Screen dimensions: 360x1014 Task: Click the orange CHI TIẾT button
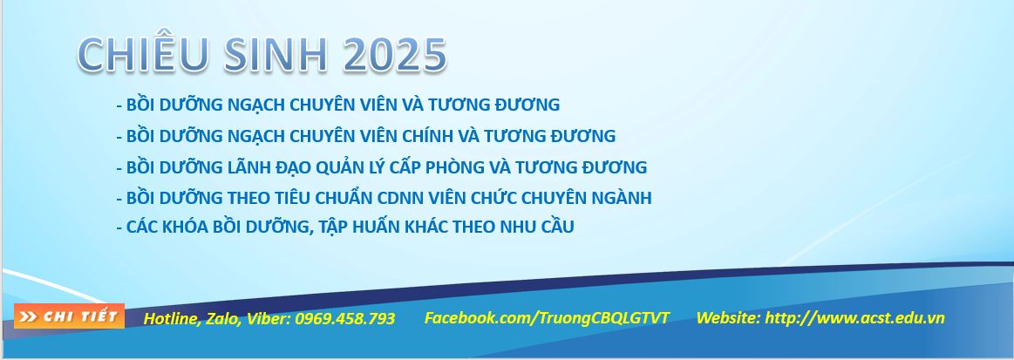(x=70, y=316)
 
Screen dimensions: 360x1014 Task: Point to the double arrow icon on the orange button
(x=29, y=316)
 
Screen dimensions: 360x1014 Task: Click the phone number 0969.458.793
(x=345, y=318)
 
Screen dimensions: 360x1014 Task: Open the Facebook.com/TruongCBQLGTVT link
(x=547, y=318)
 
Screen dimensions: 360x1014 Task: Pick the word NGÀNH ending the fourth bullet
(x=620, y=199)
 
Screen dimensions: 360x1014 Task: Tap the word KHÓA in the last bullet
(x=185, y=227)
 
